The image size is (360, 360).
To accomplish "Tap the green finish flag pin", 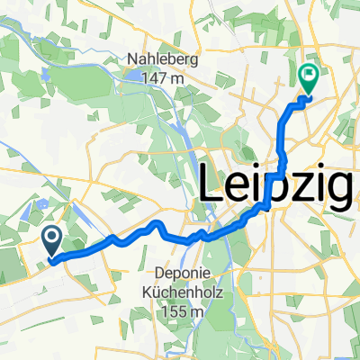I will (308, 79).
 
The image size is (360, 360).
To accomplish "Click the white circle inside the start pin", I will (51, 238).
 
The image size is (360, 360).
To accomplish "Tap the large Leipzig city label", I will (276, 186).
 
